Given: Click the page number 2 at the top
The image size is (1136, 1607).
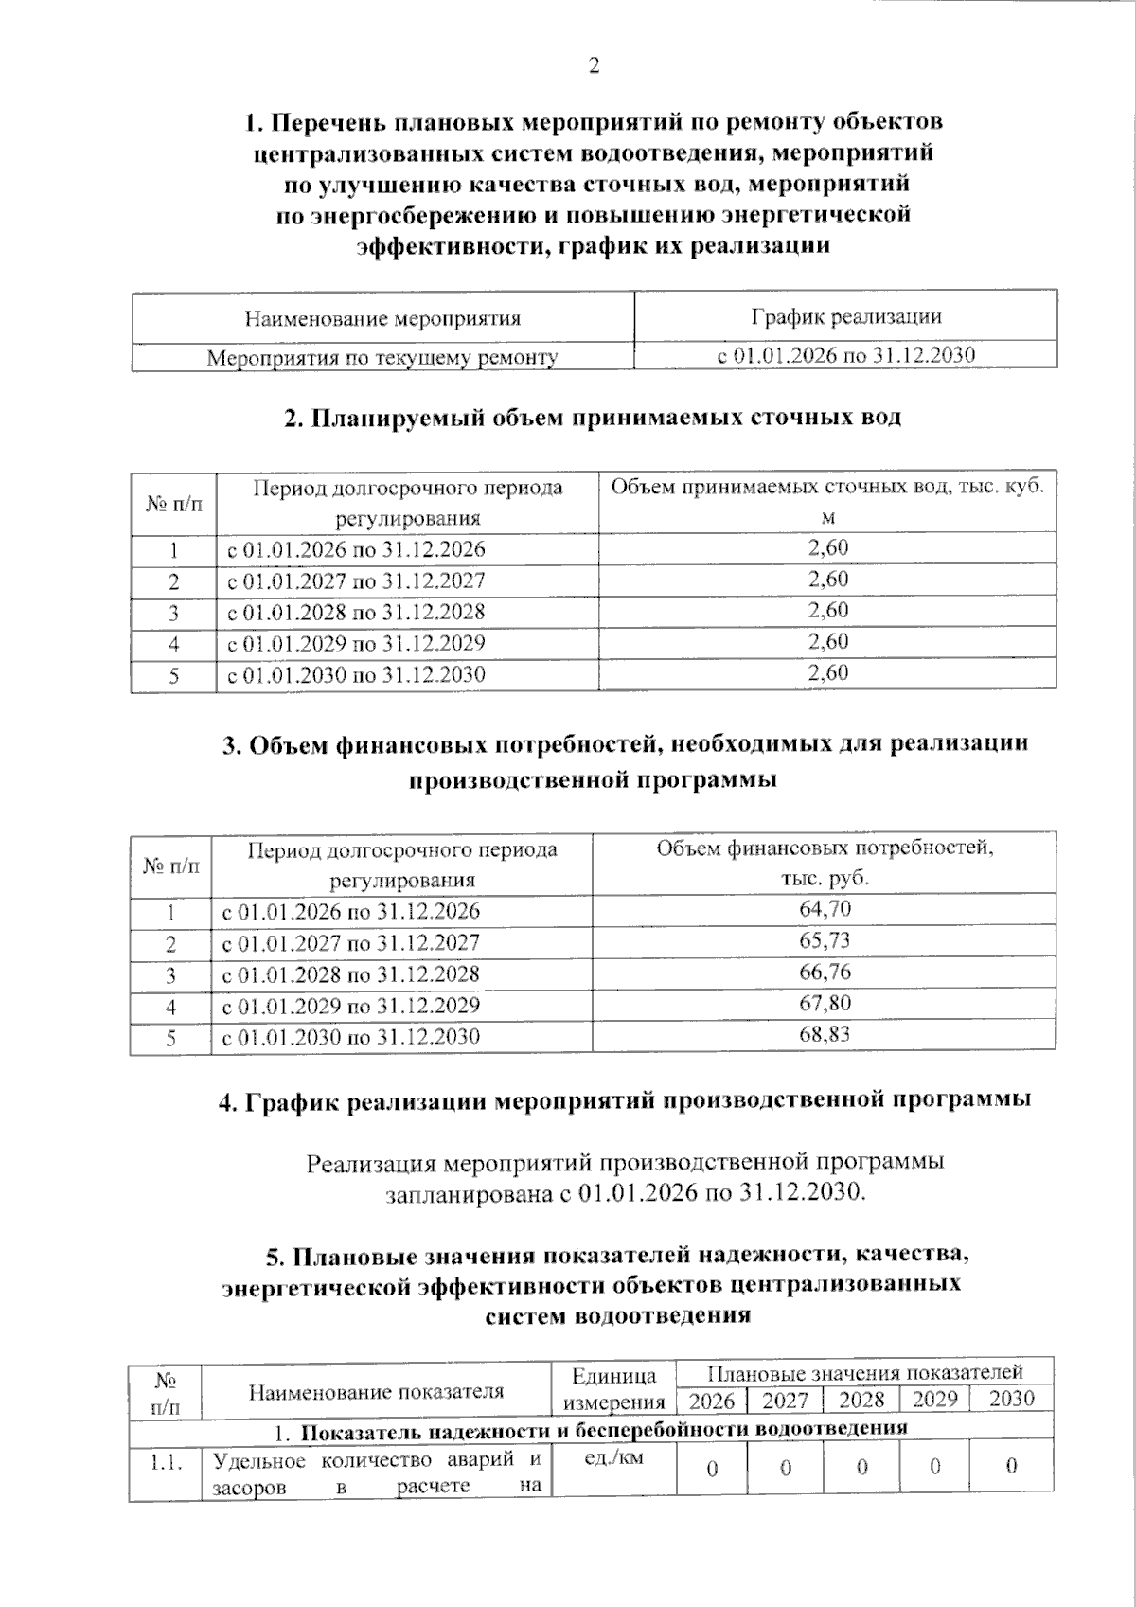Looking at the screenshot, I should [595, 66].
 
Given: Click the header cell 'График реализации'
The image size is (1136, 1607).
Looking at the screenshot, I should [845, 317].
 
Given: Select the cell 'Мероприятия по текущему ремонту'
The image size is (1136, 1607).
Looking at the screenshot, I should [382, 358].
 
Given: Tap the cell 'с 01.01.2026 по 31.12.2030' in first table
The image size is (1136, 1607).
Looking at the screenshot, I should [845, 356].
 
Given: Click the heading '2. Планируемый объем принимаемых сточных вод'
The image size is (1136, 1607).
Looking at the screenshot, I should [593, 418].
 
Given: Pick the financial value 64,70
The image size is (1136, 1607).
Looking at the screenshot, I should [825, 910].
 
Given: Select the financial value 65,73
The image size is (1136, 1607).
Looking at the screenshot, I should [825, 941].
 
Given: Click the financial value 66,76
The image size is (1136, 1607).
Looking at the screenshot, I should [825, 973].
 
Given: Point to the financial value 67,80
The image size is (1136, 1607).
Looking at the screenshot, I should [825, 1004].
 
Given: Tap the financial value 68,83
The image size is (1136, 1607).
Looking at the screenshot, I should [825, 1035].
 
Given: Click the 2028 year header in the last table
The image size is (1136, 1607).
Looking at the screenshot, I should [861, 1400].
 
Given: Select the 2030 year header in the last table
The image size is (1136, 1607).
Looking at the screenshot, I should [1011, 1400].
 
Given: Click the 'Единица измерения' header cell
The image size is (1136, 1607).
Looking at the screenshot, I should [613, 1388].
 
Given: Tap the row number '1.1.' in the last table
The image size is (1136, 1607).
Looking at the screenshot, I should [166, 1464].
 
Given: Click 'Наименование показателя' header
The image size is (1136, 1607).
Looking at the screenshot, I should [376, 1391].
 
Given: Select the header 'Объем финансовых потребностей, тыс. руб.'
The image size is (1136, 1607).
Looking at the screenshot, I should [825, 863].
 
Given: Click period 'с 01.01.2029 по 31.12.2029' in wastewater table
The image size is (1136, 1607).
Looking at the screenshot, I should [357, 644].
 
